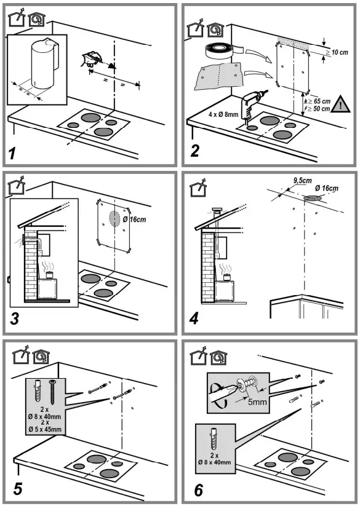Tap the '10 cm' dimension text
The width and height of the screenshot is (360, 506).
pyautogui.click(x=339, y=53)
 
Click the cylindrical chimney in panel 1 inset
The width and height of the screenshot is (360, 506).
pyautogui.click(x=42, y=61)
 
